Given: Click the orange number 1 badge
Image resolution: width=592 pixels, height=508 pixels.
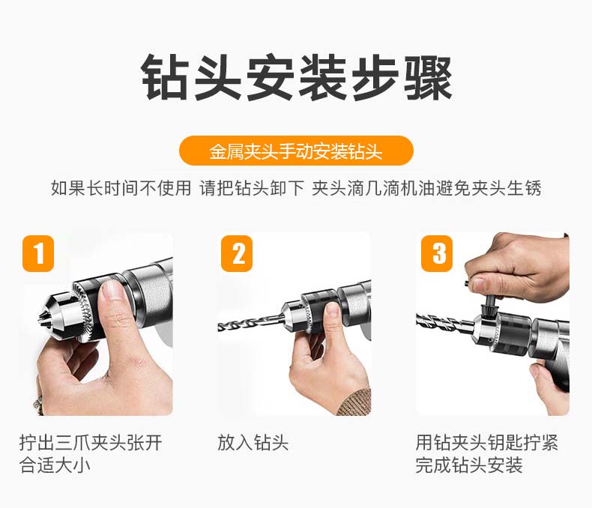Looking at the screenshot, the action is (x=38, y=253).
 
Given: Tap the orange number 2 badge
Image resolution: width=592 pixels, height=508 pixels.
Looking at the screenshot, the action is (x=237, y=253).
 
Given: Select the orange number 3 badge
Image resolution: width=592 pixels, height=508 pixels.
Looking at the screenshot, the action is (x=437, y=253).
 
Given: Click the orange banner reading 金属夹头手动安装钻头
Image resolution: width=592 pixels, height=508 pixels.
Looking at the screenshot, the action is (x=296, y=151).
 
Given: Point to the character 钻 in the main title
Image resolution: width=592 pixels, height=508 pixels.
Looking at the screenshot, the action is (x=166, y=77).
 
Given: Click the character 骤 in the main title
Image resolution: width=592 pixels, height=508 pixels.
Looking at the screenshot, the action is (x=428, y=77).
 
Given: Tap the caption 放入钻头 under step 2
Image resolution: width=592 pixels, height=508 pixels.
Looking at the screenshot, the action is (x=253, y=442).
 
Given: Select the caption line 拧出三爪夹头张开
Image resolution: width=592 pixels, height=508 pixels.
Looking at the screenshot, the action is (x=91, y=442).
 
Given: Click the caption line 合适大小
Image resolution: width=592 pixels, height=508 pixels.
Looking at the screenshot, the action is (x=55, y=465).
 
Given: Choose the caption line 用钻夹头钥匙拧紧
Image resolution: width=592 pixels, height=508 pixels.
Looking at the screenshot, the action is (x=486, y=442).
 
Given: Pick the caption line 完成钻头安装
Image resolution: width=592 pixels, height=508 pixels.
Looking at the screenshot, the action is (x=469, y=465).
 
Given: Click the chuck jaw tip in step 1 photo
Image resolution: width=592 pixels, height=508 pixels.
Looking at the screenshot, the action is (x=41, y=320).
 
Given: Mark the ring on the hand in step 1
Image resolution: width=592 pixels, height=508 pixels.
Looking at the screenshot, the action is (x=37, y=404).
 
